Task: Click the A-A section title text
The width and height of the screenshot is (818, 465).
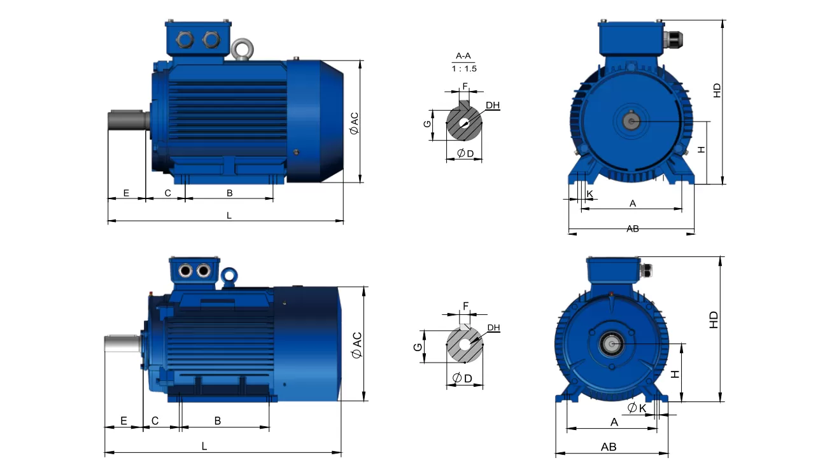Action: click(463, 56)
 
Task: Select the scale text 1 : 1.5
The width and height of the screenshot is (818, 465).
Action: click(464, 68)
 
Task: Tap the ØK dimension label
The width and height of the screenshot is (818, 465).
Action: click(637, 408)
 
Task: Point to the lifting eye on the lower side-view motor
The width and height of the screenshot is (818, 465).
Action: click(230, 275)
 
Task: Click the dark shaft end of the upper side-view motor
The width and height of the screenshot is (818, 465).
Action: click(127, 120)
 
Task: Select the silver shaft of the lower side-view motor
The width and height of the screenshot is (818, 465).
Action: click(122, 344)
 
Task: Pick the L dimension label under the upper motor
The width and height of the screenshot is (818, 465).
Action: click(229, 216)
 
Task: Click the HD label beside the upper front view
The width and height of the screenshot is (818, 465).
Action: click(717, 90)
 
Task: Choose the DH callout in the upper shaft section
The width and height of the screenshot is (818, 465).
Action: click(492, 105)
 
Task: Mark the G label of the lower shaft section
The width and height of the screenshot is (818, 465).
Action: click(417, 347)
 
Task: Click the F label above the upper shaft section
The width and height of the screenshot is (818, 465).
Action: click(465, 86)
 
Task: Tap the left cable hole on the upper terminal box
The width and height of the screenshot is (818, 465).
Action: click(186, 40)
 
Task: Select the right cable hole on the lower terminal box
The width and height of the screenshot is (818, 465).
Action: click(203, 272)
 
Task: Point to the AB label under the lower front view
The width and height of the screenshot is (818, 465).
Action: click(609, 447)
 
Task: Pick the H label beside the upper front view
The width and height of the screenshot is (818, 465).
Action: click(701, 149)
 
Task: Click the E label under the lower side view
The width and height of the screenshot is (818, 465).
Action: click(123, 420)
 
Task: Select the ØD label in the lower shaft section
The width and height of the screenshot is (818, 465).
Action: click(462, 378)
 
